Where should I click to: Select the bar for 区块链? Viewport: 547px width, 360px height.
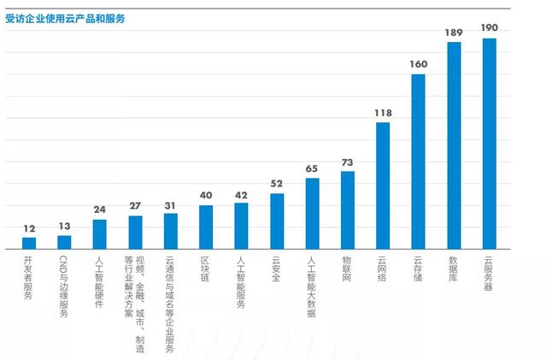(206, 227)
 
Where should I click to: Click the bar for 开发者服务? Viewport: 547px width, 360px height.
(29, 243)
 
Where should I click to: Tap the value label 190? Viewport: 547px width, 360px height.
(490, 28)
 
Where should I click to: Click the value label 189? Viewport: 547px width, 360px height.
(454, 32)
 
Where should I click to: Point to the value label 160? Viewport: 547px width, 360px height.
(419, 64)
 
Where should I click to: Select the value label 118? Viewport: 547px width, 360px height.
(383, 113)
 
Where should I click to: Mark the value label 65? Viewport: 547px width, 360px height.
(312, 168)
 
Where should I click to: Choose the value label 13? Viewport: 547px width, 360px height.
(64, 227)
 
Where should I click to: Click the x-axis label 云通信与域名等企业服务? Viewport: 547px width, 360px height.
(170, 304)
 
